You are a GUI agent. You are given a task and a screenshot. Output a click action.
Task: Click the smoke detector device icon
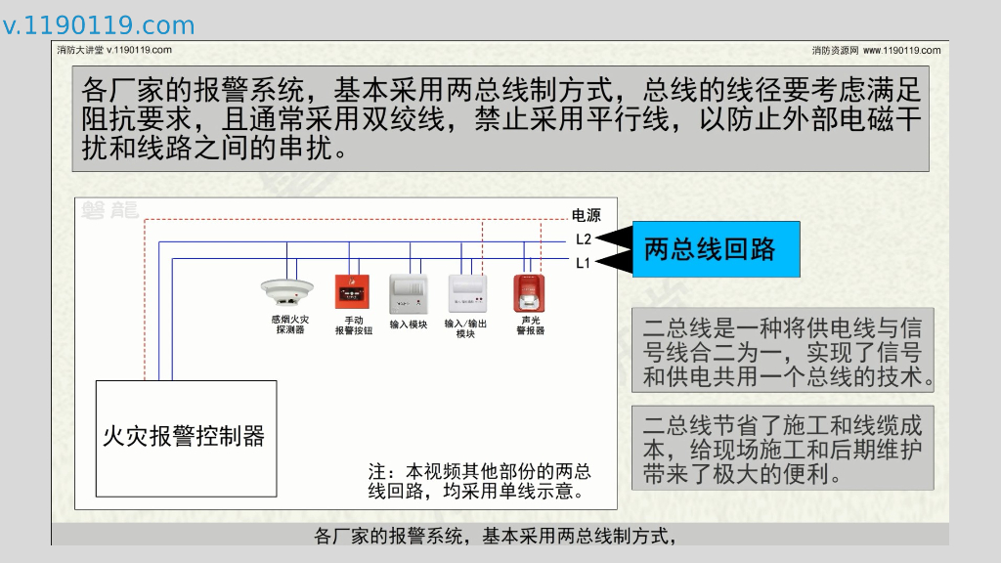click(x=286, y=290)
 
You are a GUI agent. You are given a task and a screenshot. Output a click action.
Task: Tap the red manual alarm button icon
click(x=353, y=291)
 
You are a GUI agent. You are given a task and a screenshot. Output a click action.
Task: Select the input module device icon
click(x=409, y=292)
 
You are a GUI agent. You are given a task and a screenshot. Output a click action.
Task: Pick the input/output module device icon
click(x=466, y=292)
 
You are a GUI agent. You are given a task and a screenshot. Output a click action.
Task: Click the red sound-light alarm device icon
click(x=529, y=291)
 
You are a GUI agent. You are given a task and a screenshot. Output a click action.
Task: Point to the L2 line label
click(x=583, y=239)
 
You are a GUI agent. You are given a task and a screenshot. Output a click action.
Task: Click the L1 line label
click(x=583, y=262)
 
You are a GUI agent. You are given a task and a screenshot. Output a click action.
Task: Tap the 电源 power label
click(x=586, y=216)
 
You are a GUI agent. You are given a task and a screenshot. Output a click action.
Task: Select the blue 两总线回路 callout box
click(x=716, y=249)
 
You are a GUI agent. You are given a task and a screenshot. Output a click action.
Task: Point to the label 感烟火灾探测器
click(x=290, y=325)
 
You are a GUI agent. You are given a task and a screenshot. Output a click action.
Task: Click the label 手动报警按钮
click(x=354, y=325)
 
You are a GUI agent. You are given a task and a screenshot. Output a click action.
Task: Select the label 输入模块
click(x=409, y=325)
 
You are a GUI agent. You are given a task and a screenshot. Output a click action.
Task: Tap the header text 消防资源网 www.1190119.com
click(x=876, y=50)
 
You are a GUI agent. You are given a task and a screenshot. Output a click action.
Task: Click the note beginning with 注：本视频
click(x=479, y=480)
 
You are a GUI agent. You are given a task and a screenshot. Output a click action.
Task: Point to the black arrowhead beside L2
click(x=614, y=238)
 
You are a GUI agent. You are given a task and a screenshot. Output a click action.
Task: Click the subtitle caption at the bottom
click(x=496, y=536)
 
